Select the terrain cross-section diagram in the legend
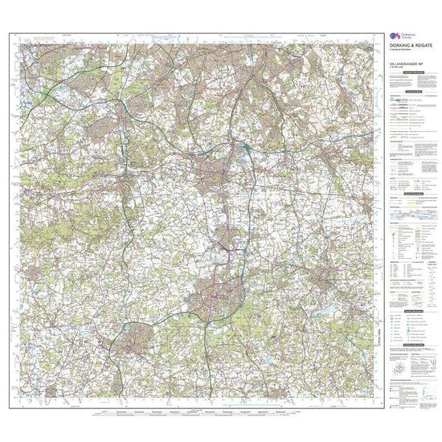[x=410, y=215]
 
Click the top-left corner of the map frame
[x=10, y=33]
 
